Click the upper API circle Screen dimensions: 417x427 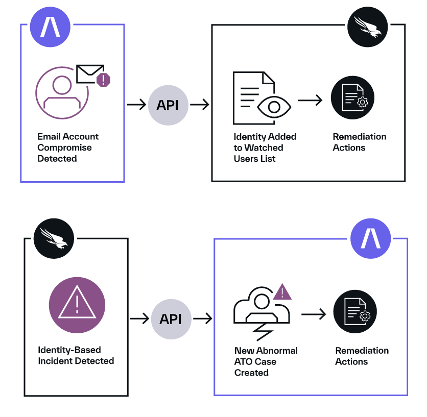point(168,105)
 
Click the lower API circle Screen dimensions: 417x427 point(171,319)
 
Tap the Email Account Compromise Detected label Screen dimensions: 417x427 point(68,148)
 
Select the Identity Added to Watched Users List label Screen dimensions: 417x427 point(265,148)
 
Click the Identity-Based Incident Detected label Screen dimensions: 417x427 point(76,355)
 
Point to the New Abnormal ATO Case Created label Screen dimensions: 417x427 point(266,361)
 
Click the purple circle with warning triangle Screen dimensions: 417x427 point(77,305)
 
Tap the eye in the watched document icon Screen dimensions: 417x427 point(274,108)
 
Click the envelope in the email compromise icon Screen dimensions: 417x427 point(90,74)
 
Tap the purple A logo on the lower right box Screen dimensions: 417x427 point(371,239)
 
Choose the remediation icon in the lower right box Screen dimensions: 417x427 point(355,313)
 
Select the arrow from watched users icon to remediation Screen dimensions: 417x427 point(311,101)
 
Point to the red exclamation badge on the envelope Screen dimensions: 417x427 point(104,80)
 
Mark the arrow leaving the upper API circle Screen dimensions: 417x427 point(200,105)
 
